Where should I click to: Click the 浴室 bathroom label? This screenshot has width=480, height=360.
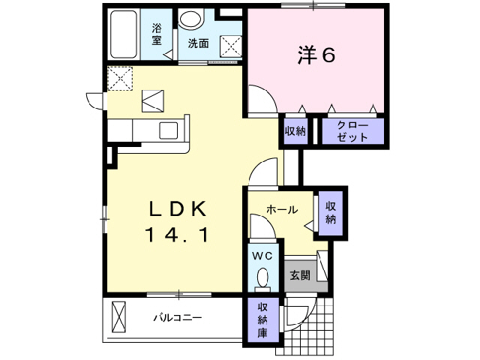pos(157,34)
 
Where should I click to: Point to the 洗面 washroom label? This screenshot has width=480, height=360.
pos(198,43)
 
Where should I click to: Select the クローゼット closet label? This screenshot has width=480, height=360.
pos(353,131)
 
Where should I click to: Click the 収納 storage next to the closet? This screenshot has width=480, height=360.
pos(295,131)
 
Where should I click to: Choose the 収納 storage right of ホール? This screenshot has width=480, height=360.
pos(331,213)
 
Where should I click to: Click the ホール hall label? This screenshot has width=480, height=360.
pos(282,209)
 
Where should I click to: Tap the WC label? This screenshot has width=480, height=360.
pos(262,256)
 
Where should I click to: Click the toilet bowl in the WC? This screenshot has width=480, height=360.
pos(262,280)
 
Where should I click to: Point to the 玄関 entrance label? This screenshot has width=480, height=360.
pos(299,274)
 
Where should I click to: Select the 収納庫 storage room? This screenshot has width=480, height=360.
pos(263,320)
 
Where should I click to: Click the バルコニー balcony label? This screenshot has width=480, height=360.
pos(178,317)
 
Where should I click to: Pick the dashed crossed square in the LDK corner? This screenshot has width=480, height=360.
pos(119,79)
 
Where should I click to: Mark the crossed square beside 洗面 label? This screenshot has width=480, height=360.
pos(229,44)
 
